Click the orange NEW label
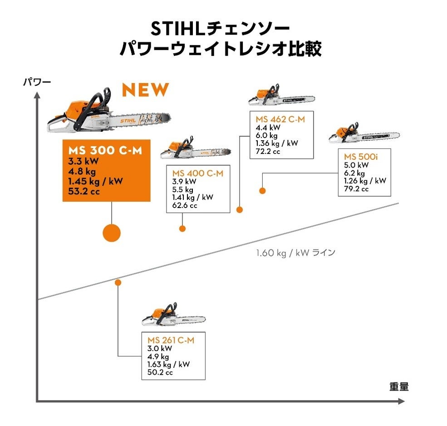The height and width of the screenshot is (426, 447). point(145,90)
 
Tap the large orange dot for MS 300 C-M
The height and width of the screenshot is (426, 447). point(112,233)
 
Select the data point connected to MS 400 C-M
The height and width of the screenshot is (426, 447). point(182,228)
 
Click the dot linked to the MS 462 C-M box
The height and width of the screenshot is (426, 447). point(240,210)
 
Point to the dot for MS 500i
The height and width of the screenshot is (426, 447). point(262,191)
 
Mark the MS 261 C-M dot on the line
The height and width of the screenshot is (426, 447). point(118,282)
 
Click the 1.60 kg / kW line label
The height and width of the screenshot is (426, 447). point(295,253)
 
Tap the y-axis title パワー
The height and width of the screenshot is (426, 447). point(37,82)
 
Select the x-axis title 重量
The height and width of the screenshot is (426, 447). point(399,386)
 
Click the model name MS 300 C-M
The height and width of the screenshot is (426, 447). point(105,150)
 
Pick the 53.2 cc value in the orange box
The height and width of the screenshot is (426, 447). point(84,191)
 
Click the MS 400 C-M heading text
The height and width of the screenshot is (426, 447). point(198,173)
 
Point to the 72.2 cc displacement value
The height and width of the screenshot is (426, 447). point(268,151)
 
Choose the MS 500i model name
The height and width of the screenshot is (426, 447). point(361,157)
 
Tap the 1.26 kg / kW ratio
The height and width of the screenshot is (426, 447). point(365,181)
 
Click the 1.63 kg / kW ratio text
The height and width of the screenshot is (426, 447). point(168,364)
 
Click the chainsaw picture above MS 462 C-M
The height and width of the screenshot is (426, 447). point(282,95)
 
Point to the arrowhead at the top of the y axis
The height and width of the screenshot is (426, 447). point(37,95)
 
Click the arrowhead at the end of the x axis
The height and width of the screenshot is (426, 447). point(401,401)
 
